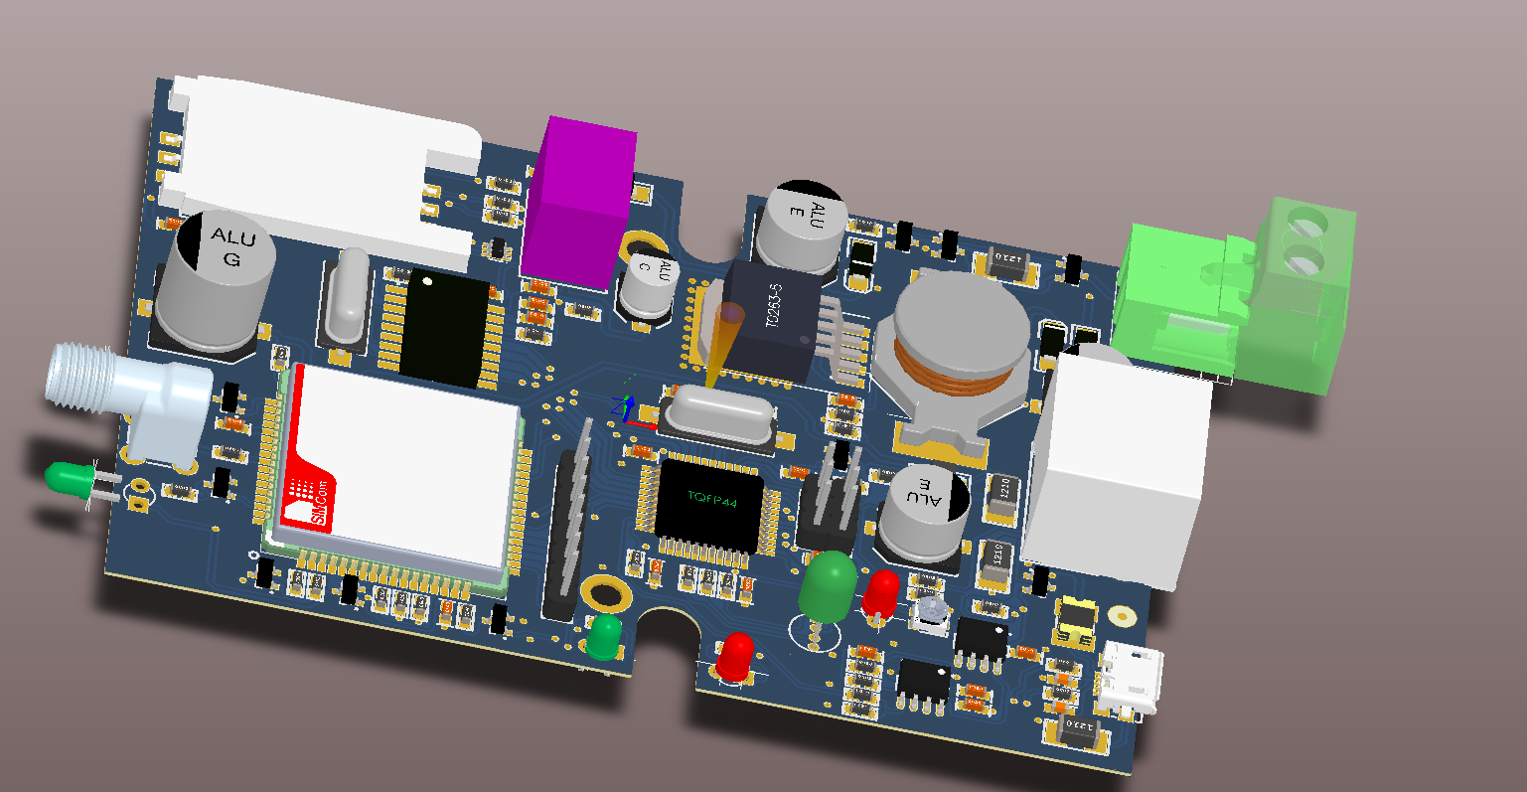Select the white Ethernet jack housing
(x=1118, y=467)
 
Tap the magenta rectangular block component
(x=579, y=204)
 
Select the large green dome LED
(x=827, y=583)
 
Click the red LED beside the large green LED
(x=881, y=593)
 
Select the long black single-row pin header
(x=569, y=527)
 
